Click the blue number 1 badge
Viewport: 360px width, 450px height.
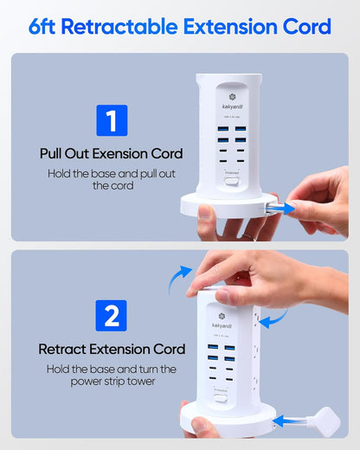(x=111, y=119)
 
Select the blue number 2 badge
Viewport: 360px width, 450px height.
(x=111, y=315)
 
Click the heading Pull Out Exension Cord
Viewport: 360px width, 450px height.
(x=111, y=153)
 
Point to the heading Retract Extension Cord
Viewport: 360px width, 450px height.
(x=111, y=349)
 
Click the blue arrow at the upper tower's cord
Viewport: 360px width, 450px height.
(x=278, y=208)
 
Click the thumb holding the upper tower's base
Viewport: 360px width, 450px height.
(x=206, y=211)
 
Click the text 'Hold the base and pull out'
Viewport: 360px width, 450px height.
(x=111, y=173)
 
